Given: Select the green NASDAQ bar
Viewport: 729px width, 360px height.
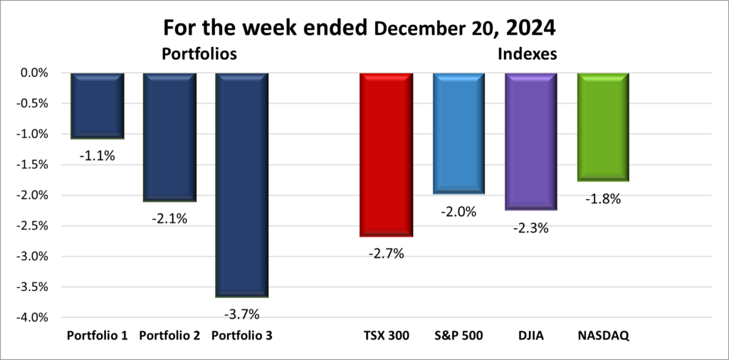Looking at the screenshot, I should click(603, 127).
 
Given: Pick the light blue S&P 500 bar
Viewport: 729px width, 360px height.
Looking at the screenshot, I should click(458, 133).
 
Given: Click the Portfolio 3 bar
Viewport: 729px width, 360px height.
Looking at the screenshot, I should click(241, 184).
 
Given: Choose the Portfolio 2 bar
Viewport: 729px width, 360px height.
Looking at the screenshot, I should click(169, 137).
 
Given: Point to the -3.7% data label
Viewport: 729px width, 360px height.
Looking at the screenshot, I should click(241, 314).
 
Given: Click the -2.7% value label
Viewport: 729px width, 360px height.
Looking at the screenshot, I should click(386, 253).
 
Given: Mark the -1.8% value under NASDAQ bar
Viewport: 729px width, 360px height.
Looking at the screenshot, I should click(603, 199).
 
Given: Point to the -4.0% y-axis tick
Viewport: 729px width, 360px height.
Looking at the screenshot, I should click(31, 317).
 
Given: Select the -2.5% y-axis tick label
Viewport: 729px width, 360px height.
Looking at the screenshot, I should click(31, 226).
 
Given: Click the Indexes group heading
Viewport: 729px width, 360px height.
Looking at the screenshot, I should click(529, 54).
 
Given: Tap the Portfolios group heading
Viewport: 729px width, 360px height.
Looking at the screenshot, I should click(199, 54).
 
